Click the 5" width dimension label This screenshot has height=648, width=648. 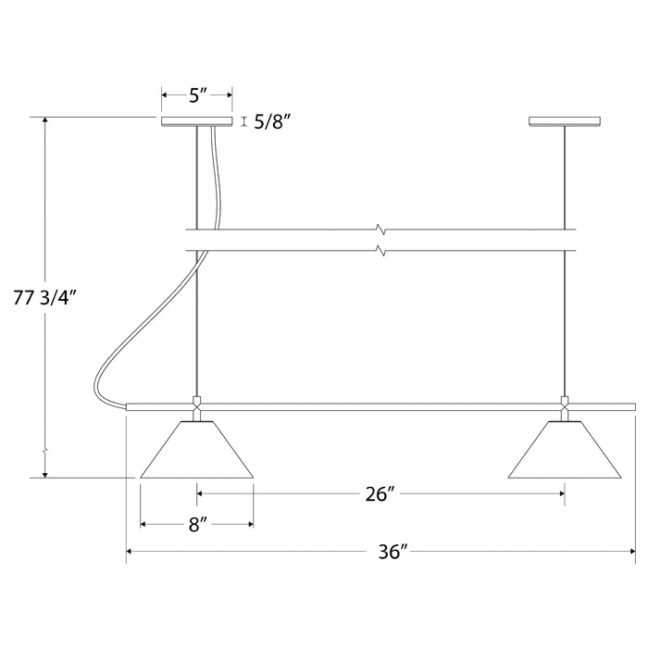[196, 94]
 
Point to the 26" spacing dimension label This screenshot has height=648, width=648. [380, 494]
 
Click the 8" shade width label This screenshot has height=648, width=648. [196, 525]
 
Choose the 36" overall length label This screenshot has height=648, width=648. [393, 553]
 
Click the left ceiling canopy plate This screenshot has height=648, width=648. [196, 121]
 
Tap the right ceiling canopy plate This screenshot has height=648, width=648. [564, 121]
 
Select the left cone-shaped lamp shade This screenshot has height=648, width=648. [197, 453]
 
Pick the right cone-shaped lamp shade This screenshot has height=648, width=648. [565, 453]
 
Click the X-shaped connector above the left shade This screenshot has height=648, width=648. [196, 405]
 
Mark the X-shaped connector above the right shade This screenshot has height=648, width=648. [564, 405]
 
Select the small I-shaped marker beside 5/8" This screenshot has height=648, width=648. [243, 121]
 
